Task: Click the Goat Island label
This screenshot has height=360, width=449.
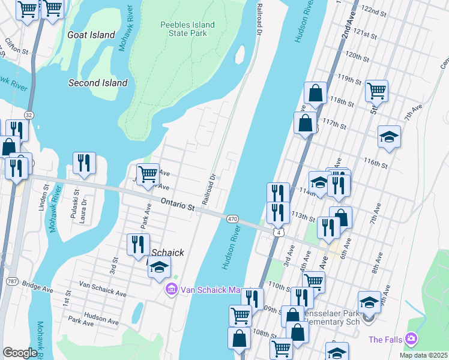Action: point(91,35)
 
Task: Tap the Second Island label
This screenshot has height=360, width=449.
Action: point(98,83)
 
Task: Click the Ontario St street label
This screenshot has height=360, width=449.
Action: point(178,206)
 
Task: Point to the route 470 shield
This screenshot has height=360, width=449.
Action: point(232,220)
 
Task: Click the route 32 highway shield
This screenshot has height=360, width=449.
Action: point(28,114)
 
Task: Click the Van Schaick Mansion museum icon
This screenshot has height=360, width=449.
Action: point(172,290)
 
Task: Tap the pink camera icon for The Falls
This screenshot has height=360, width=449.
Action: point(411,339)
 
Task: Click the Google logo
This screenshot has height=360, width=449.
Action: point(20,352)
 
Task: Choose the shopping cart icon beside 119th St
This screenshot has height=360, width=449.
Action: point(376,91)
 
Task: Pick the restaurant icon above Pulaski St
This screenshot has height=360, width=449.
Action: point(84,163)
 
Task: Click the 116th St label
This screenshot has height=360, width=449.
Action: point(376,163)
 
